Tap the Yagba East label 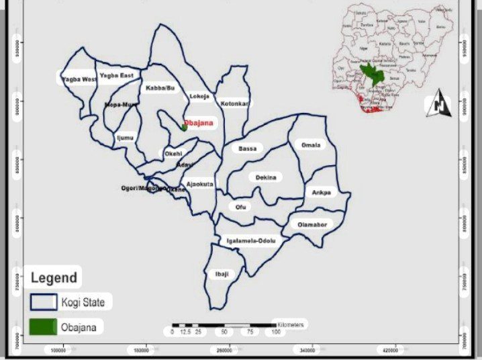click(x=117, y=76)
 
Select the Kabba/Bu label click(x=160, y=88)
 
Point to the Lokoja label click(x=199, y=96)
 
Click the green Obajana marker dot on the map click(x=184, y=126)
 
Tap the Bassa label click(x=248, y=148)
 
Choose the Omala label click(x=311, y=145)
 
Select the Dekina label click(x=265, y=177)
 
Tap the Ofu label click(x=241, y=207)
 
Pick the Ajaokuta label click(x=200, y=183)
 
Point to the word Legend click(x=54, y=277)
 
